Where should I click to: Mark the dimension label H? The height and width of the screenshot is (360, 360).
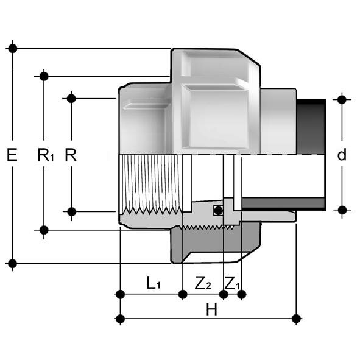coord(211,309)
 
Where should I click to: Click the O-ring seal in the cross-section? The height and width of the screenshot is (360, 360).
coord(216,211)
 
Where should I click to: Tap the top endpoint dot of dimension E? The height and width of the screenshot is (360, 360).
coord(12,48)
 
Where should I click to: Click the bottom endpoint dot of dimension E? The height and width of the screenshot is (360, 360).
coord(12,263)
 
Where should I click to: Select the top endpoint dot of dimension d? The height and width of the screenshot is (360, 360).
coord(342,99)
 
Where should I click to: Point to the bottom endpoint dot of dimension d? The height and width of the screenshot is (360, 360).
coord(342,210)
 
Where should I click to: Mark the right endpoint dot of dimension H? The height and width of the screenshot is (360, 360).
coord(297,318)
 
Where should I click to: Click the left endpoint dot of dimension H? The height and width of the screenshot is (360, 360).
coord(120,318)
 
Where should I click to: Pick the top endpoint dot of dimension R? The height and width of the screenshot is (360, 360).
coord(71,98)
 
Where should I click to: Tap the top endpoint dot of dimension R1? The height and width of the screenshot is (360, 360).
coord(44,76)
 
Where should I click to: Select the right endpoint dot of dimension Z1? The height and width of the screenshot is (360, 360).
coord(242,295)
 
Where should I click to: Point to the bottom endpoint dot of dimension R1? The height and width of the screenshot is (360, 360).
coord(44,230)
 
